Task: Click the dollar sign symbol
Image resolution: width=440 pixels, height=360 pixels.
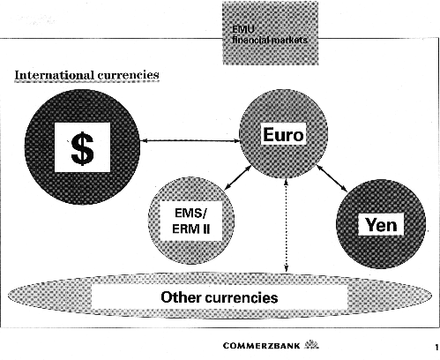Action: tap(82, 148)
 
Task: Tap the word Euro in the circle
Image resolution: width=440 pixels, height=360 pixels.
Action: tap(283, 135)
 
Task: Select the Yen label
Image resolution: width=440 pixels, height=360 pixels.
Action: tap(381, 225)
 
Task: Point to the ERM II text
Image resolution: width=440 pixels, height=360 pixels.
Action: tap(191, 229)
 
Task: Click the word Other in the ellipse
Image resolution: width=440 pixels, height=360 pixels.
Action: tap(181, 297)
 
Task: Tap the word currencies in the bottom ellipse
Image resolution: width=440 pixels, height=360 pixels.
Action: tap(242, 297)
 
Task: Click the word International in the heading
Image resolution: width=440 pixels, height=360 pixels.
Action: tap(55, 75)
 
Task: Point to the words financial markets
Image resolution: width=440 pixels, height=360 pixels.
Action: tap(270, 40)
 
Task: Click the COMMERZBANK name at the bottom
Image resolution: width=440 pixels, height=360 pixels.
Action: tap(262, 345)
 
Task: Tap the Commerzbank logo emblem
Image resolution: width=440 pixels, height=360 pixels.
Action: tap(311, 344)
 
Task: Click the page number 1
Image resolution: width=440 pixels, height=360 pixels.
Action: tap(436, 347)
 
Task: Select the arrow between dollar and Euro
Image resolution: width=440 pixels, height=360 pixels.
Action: tap(190, 141)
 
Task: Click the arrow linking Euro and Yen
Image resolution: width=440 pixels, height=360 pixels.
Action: tap(332, 179)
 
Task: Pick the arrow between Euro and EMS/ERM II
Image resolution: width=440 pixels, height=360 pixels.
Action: tap(238, 178)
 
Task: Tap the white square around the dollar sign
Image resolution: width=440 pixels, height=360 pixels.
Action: tap(82, 147)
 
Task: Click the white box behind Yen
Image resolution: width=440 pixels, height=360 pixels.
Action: tap(381, 225)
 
